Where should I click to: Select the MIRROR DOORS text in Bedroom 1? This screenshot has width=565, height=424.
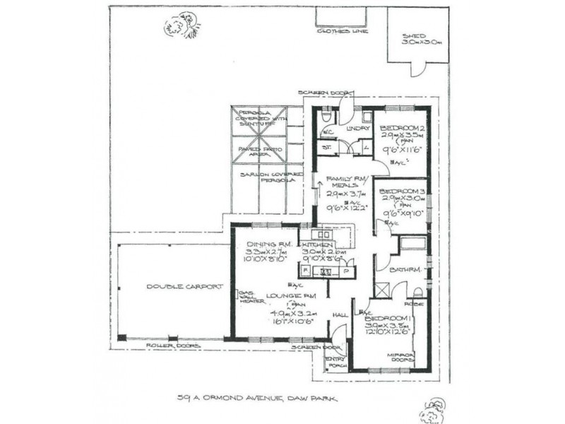(x=403, y=358)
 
